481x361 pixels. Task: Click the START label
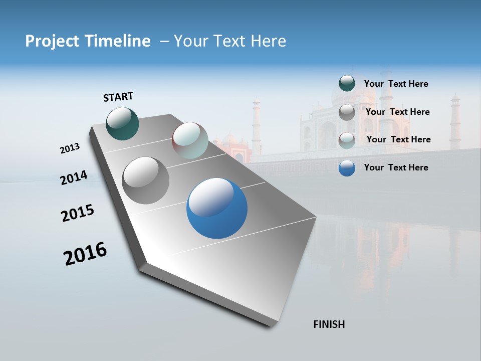pos(118,97)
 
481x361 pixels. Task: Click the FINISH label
pos(329,324)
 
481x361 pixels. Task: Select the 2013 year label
pos(70,148)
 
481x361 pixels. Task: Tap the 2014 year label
pos(74,178)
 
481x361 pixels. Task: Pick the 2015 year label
pos(78,213)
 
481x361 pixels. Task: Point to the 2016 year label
pos(85,254)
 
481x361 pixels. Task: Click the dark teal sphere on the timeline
pos(123,124)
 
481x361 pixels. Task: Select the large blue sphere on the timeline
pos(217,209)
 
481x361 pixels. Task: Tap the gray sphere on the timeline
pos(145,180)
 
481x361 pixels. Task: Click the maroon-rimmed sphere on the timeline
pos(190,140)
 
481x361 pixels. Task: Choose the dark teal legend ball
pos(347,83)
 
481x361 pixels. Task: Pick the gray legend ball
pos(347,112)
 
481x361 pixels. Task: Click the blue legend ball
pos(347,168)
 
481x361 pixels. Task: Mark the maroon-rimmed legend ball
pos(347,140)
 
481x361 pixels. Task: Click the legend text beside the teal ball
pos(396,84)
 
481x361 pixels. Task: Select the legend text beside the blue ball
pos(396,167)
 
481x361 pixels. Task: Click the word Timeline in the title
pos(118,41)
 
